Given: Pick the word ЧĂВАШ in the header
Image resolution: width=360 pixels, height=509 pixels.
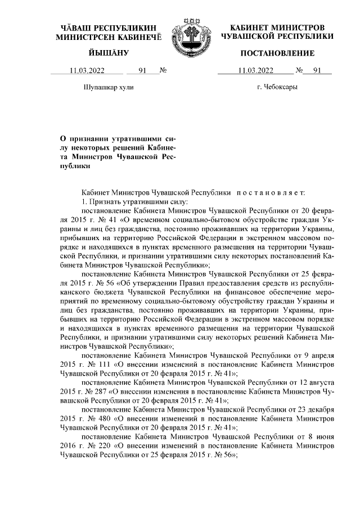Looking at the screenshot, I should coord(79,28).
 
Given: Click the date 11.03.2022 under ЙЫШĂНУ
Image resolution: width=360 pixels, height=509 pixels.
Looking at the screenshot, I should coord(87,70).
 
